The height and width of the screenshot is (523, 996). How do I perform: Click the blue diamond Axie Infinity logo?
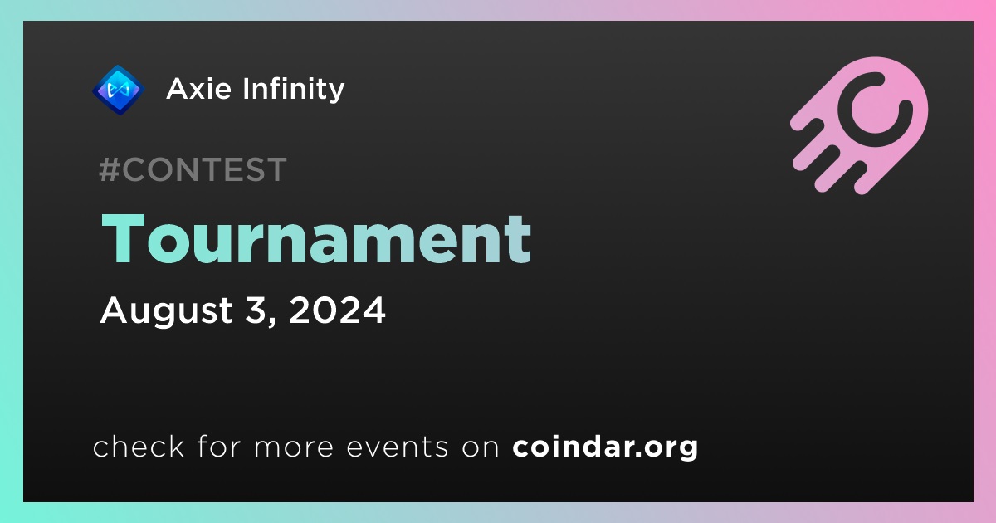click(x=118, y=90)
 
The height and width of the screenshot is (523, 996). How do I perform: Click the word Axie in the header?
click(x=199, y=89)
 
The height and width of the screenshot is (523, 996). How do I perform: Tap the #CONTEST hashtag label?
click(x=193, y=169)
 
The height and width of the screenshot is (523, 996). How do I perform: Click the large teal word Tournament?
click(x=316, y=239)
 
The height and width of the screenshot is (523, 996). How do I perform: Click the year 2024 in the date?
click(x=337, y=310)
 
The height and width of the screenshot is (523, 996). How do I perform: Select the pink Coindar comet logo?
click(x=859, y=125)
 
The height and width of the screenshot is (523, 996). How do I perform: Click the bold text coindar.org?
click(x=605, y=447)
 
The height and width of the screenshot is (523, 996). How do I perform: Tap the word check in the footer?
click(x=139, y=446)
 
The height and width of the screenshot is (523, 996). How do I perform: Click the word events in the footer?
click(x=398, y=447)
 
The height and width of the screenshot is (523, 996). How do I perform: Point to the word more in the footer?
click(x=294, y=447)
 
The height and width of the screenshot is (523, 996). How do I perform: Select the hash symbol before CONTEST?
click(x=109, y=169)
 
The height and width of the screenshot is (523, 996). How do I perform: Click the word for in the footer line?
click(x=219, y=446)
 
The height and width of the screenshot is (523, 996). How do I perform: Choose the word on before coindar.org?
click(x=481, y=447)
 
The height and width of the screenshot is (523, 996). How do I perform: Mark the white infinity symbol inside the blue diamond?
click(x=118, y=90)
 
